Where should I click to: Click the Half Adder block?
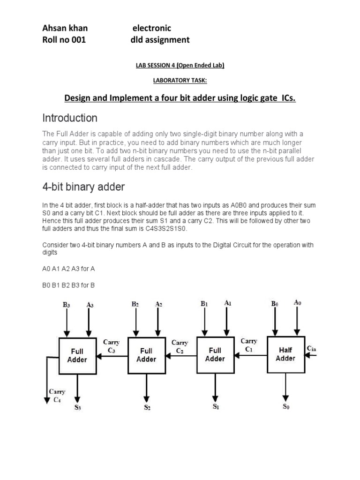[x=285, y=354]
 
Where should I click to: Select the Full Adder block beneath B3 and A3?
[x=77, y=355]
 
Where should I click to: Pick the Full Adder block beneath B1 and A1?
[x=215, y=354]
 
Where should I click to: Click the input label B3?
[x=67, y=305]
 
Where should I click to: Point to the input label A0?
[x=297, y=303]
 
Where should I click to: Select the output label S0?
[x=286, y=406]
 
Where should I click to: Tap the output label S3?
[x=78, y=407]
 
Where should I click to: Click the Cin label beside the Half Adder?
[x=312, y=348]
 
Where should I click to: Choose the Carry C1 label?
[x=248, y=345]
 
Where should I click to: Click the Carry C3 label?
[x=111, y=346]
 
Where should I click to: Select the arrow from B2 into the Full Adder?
[x=135, y=323]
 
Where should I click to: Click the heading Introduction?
[x=70, y=118]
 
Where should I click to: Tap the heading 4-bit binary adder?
[x=84, y=187]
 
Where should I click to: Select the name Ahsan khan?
[x=65, y=28]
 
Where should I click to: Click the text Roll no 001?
[x=64, y=40]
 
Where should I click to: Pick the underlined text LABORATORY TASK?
[x=180, y=81]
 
